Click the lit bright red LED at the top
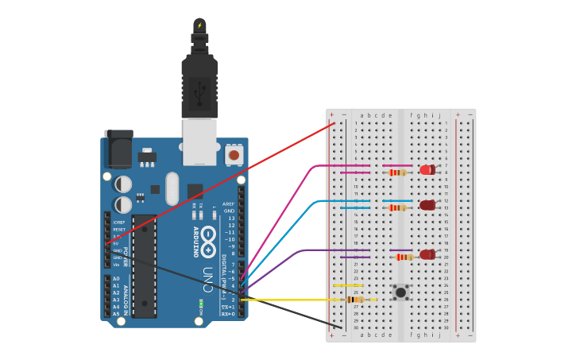click(427, 169)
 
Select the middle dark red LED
click(427, 205)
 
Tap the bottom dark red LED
click(427, 255)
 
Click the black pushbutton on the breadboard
click(401, 292)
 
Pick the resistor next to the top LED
click(397, 172)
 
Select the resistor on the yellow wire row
click(355, 300)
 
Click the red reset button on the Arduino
click(234, 154)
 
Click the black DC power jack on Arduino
click(118, 149)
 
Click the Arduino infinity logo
click(208, 241)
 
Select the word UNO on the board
click(207, 277)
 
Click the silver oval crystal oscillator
click(172, 188)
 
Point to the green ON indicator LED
click(201, 303)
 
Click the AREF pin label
click(228, 203)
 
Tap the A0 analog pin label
click(116, 279)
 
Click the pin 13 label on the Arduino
click(231, 218)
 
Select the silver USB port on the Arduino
click(199, 141)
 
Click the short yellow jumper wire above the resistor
click(348, 285)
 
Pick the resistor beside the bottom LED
click(404, 257)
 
